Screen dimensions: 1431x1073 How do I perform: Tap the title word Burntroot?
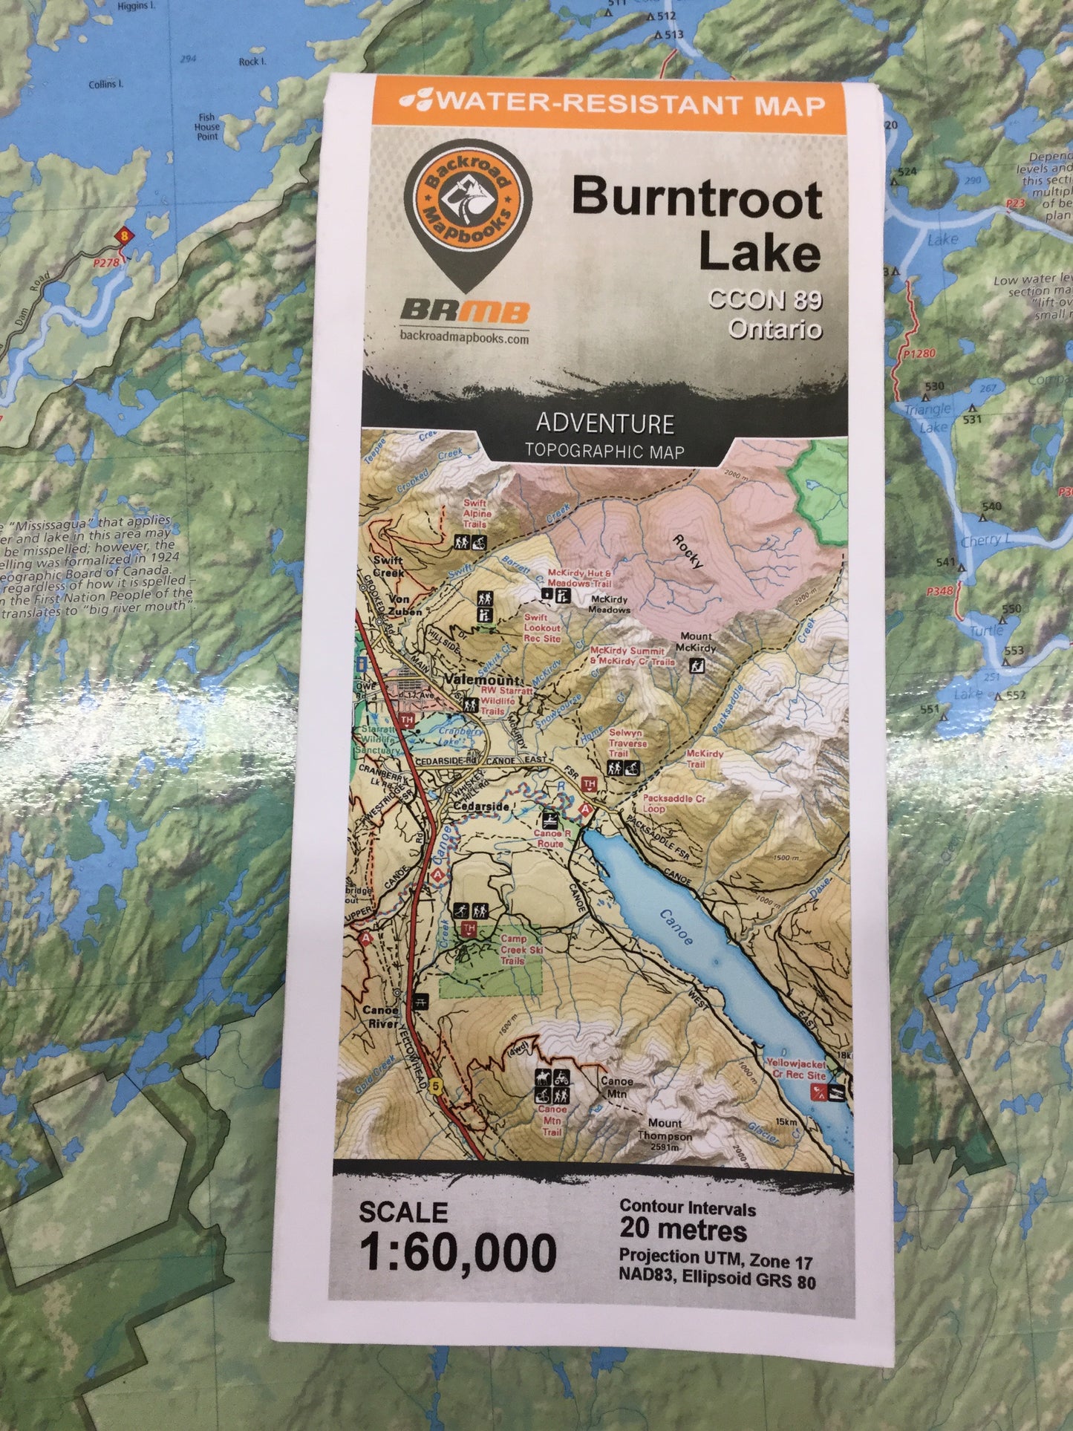point(696,200)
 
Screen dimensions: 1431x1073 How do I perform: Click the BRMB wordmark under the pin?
point(465,311)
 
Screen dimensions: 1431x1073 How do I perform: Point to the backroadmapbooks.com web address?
point(464,339)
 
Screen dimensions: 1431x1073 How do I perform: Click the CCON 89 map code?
point(765,300)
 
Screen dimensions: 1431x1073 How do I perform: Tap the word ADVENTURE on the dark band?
point(605,423)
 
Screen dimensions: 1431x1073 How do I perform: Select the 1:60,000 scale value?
point(458,1253)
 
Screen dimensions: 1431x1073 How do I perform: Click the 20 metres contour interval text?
point(683,1230)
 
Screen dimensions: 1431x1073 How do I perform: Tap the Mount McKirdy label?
point(696,642)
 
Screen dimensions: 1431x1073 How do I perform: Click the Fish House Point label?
point(206,127)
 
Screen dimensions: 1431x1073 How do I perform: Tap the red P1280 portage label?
point(919,353)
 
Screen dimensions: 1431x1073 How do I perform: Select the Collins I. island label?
point(106,85)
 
